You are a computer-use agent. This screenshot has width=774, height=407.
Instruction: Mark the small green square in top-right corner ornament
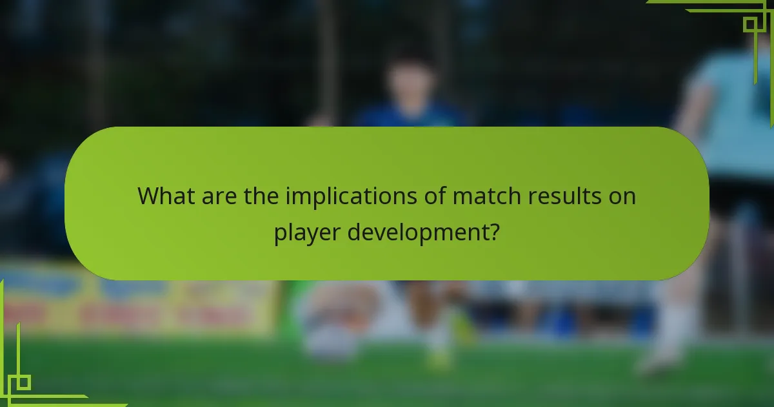749,25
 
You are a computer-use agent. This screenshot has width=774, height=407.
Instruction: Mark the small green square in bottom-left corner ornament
24,382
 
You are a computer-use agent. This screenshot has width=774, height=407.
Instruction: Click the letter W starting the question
147,196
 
